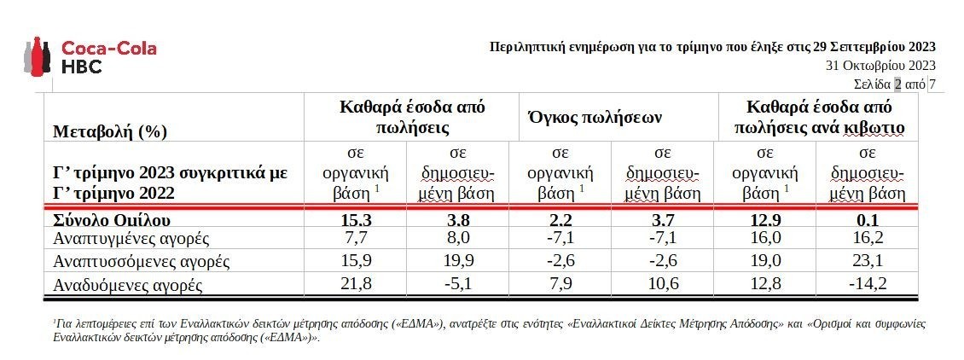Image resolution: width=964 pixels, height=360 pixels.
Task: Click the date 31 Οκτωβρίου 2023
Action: [x=880, y=65]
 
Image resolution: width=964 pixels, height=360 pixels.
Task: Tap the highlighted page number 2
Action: [x=897, y=84]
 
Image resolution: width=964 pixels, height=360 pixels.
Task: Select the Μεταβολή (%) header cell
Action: [x=109, y=131]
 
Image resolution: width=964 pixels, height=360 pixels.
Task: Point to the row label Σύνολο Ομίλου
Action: [x=106, y=219]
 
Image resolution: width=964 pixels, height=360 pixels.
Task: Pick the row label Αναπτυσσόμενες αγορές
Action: [x=142, y=260]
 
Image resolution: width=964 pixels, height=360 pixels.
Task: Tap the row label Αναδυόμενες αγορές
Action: [x=128, y=283]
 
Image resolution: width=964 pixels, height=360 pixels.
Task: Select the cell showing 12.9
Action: [x=764, y=219]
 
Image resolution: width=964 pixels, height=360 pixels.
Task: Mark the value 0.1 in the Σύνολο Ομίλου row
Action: [x=867, y=219]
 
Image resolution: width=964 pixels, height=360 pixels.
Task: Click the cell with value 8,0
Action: [x=456, y=238]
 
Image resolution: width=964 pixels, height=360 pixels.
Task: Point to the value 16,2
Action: [x=867, y=238]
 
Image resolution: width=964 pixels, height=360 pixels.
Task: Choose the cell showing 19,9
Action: [x=456, y=260]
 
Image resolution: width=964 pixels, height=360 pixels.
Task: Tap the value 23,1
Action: [x=867, y=260]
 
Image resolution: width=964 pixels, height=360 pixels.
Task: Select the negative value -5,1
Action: [x=456, y=283]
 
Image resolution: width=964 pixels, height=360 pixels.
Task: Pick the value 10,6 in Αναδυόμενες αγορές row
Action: [x=661, y=283]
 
